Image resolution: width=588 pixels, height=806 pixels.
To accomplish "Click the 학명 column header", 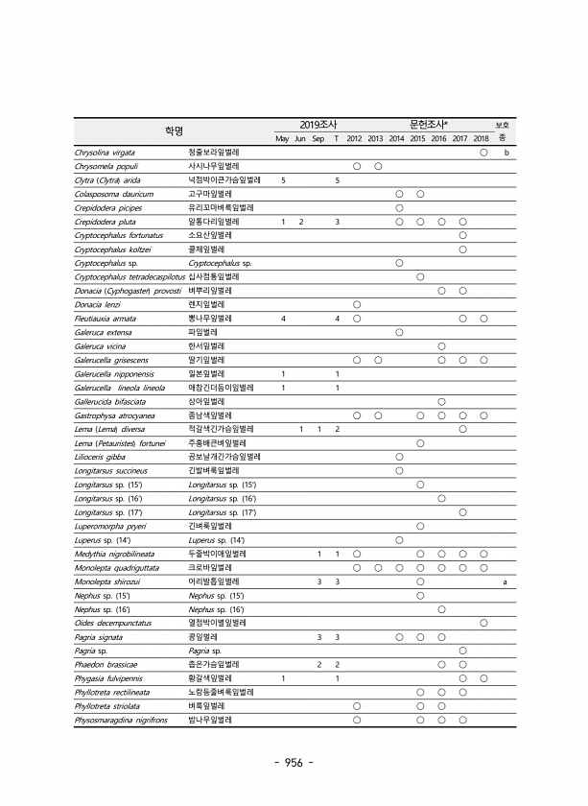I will [173, 130].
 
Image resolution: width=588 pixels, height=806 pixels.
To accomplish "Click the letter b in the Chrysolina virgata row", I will [505, 153].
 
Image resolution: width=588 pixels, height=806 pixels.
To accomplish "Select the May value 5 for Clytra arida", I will [283, 179].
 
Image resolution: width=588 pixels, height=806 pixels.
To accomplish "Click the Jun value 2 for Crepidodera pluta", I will [301, 222].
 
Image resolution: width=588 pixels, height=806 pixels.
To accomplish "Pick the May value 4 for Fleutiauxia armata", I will [283, 318].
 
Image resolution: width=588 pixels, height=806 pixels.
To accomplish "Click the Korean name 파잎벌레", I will [202, 331].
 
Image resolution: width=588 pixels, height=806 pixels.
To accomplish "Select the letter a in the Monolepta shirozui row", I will [505, 581].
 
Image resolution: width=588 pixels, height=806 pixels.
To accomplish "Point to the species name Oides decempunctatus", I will [113, 623].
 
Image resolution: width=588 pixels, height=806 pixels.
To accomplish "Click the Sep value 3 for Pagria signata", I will [319, 637].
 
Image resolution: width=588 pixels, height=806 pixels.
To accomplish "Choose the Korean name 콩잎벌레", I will [202, 637].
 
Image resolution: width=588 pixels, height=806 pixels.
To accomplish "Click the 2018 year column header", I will [482, 139].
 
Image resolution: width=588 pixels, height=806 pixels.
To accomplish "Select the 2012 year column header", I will [355, 139].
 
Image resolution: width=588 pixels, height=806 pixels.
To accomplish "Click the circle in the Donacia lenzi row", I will [357, 304].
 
